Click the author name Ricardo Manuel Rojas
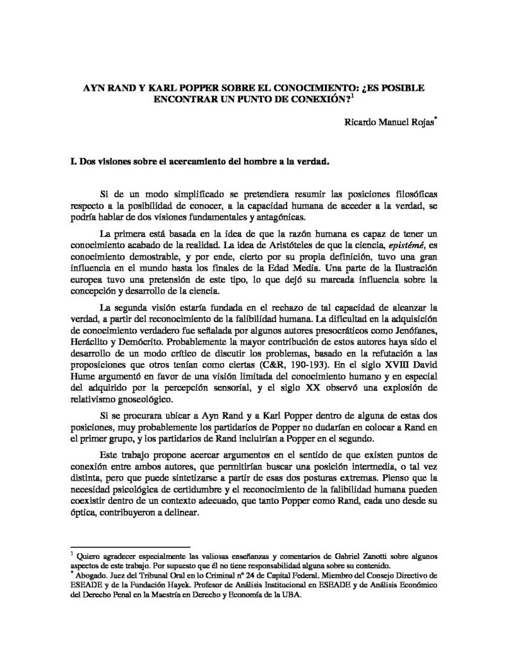[x=385, y=122]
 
